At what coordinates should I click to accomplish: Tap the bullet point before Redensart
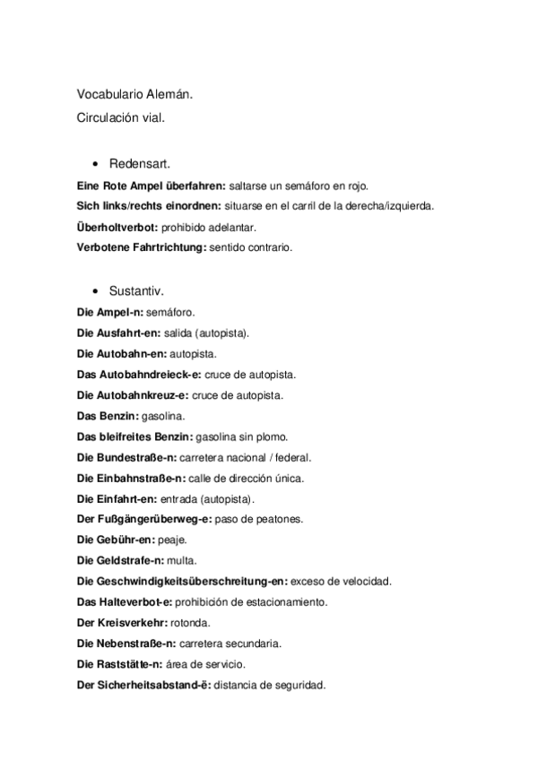(x=95, y=165)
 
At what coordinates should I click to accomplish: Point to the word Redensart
(x=140, y=165)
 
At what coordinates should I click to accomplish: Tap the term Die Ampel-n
(x=109, y=313)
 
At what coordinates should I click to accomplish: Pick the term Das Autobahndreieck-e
(x=139, y=375)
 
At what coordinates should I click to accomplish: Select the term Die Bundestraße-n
(x=126, y=457)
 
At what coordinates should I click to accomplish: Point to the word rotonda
(x=190, y=623)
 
